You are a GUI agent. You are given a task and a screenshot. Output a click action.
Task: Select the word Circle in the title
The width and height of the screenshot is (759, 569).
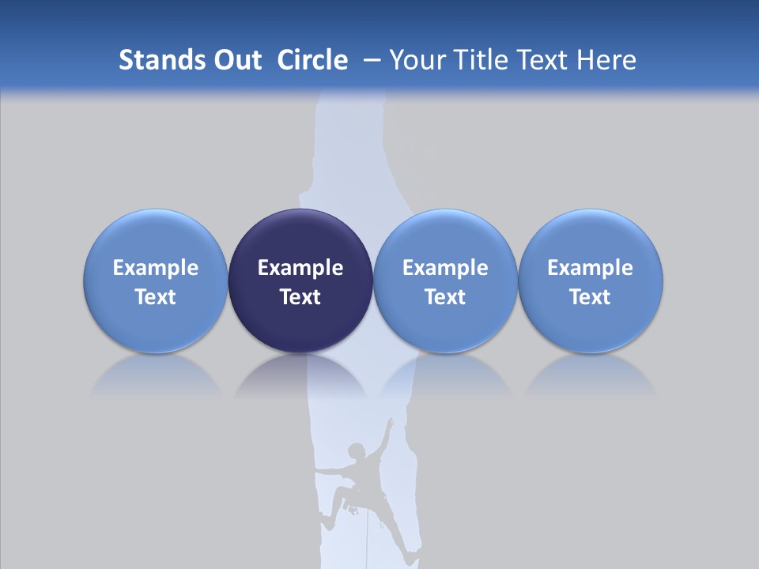312,60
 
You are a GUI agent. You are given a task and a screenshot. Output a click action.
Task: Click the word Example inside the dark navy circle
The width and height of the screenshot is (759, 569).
300,268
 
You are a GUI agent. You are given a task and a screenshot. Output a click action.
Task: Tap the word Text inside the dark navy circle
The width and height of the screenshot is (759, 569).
300,297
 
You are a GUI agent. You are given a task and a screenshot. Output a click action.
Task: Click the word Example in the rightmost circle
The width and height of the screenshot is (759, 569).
591,268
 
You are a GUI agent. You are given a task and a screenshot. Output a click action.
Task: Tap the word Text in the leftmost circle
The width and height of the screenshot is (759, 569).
155,297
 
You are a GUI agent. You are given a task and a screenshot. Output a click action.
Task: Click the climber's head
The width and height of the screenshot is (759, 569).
357,451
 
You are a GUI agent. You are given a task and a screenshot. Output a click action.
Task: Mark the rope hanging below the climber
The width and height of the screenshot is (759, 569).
368,545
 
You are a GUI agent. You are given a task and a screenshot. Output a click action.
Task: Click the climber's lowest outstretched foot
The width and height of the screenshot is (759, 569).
410,560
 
